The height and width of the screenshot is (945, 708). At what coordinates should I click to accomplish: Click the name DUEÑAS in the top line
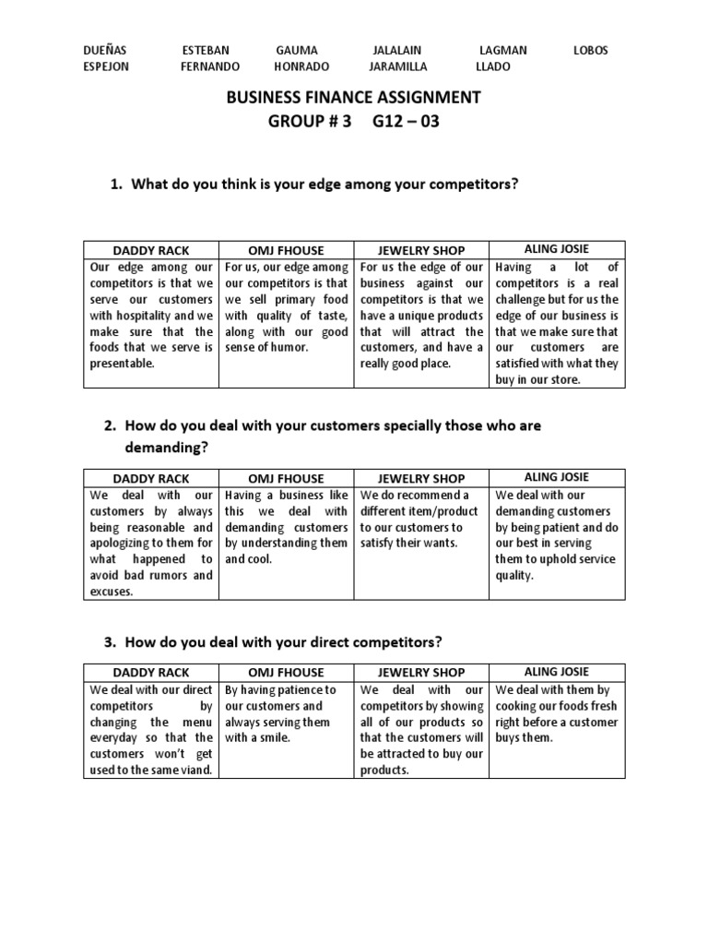[x=105, y=50]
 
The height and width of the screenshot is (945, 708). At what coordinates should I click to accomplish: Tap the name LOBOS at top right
[x=591, y=50]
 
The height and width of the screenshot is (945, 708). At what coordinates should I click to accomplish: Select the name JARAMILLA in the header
[x=398, y=66]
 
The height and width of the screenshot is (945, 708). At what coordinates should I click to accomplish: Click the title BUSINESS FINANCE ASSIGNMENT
[x=354, y=97]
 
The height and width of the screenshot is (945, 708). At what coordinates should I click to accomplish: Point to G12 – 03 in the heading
[x=407, y=121]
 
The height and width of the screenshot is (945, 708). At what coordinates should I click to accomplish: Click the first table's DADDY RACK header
[x=150, y=251]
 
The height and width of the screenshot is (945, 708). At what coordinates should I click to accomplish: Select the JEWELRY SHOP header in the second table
[x=421, y=479]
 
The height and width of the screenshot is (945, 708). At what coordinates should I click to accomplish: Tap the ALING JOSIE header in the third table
[x=556, y=671]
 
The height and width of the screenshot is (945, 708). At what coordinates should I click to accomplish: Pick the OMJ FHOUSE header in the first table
[x=286, y=251]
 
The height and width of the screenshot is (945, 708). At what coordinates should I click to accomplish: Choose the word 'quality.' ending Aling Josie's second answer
[x=516, y=575]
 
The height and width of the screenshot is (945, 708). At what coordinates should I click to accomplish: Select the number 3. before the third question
[x=114, y=641]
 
